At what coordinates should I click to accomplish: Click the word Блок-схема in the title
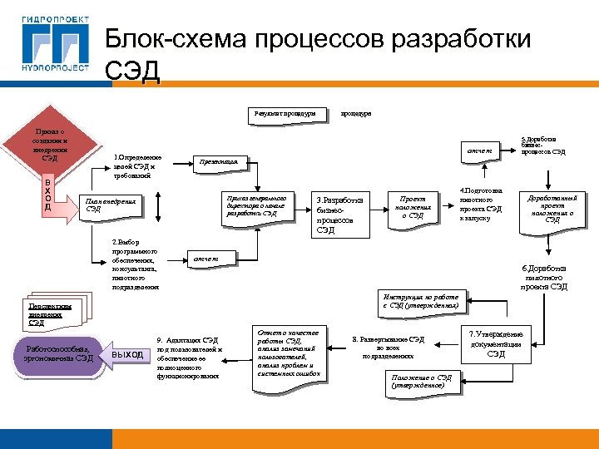174,40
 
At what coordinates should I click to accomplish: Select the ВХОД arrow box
48,195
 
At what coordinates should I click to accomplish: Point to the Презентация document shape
219,161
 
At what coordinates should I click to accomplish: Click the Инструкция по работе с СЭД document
420,301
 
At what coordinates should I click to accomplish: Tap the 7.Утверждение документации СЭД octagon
496,343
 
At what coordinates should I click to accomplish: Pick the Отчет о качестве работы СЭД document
288,353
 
